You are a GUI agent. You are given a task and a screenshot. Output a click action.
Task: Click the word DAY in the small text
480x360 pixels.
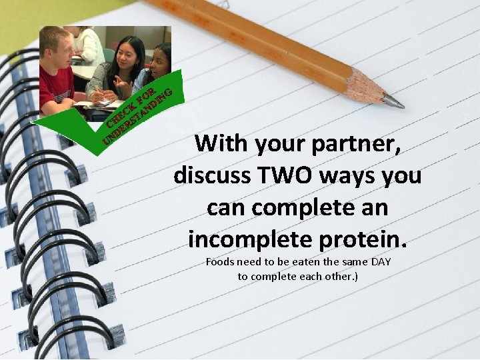pyautogui.click(x=381, y=262)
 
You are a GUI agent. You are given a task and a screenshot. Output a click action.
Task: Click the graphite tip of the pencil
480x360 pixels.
pyautogui.click(x=395, y=102)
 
